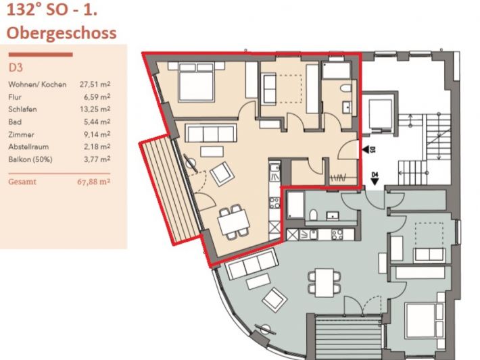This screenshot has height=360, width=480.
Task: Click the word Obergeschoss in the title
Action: (62, 33)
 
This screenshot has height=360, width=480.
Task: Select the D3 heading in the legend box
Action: (16, 68)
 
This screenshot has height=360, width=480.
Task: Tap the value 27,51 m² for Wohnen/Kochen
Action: (95, 84)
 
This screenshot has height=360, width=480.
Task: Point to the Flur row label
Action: (15, 97)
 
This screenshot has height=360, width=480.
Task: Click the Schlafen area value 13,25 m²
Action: (95, 109)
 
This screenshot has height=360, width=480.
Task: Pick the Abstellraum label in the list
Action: (28, 147)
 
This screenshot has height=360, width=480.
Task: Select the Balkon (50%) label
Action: (30, 159)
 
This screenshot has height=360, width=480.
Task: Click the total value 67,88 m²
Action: (94, 182)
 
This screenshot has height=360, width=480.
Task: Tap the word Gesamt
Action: (22, 182)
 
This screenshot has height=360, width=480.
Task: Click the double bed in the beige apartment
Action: (196, 82)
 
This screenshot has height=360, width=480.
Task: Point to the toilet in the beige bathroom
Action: (346, 88)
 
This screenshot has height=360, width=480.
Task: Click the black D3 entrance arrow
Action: (366, 149)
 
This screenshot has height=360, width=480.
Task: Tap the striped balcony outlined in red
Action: (170, 190)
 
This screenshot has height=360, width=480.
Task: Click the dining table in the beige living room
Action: (233, 222)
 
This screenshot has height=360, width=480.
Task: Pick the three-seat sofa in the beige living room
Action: (211, 133)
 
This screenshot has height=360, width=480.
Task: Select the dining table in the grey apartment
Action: (325, 282)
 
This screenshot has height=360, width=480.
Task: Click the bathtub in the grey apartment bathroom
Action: (295, 205)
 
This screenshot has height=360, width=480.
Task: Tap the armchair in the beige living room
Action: (222, 174)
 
